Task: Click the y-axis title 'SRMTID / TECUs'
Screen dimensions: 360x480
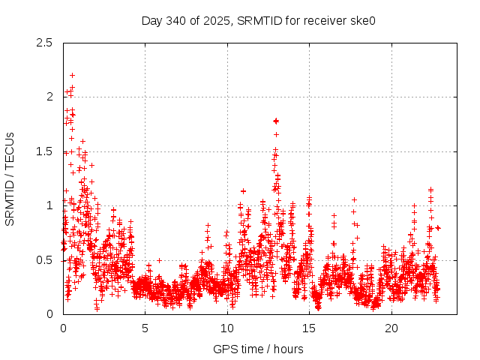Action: click(10, 178)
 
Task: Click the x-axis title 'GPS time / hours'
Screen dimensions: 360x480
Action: click(258, 349)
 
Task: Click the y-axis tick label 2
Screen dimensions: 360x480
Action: click(49, 97)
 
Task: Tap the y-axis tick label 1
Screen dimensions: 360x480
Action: click(49, 205)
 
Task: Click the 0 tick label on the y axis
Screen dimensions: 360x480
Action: click(49, 314)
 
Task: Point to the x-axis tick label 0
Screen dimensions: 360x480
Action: click(63, 328)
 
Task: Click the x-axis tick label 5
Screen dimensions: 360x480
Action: click(145, 328)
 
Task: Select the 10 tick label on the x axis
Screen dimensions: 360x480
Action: click(227, 328)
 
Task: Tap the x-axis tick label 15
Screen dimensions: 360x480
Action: click(310, 328)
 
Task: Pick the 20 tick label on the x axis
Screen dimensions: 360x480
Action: click(391, 328)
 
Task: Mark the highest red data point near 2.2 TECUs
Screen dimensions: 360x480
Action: click(72, 75)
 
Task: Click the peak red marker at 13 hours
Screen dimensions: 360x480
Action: click(276, 120)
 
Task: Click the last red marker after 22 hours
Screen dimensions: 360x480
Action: click(438, 227)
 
